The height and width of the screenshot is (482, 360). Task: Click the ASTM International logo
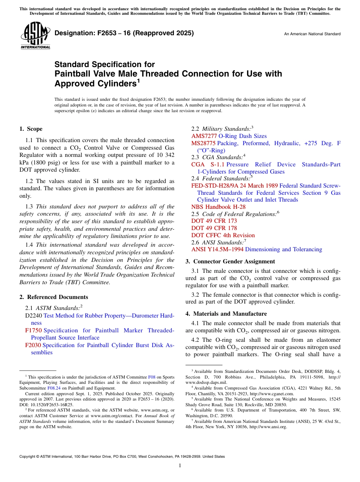pyautogui.click(x=35, y=36)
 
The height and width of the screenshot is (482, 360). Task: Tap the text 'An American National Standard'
pyautogui.click(x=312, y=34)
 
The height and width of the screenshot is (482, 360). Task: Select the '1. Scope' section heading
pyautogui.click(x=31, y=129)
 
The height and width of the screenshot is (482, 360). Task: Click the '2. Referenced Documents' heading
pyautogui.click(x=53, y=297)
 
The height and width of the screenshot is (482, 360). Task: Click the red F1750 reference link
pyautogui.click(x=33, y=330)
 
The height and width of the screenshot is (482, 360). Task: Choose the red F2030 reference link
pyautogui.click(x=33, y=345)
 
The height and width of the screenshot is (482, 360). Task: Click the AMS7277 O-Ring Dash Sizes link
pyautogui.click(x=229, y=136)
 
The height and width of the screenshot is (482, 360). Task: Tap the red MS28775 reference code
pyautogui.click(x=203, y=143)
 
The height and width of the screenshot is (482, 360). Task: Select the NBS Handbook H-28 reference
pyautogui.click(x=218, y=207)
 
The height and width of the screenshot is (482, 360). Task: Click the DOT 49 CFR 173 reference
pyautogui.click(x=214, y=221)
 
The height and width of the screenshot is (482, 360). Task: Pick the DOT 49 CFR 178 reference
pyautogui.click(x=214, y=228)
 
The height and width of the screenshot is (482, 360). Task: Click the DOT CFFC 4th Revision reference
pyautogui.click(x=223, y=235)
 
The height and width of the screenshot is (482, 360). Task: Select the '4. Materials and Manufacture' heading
pyautogui.click(x=226, y=314)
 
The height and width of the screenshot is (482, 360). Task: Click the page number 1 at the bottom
pyautogui.click(x=180, y=465)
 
